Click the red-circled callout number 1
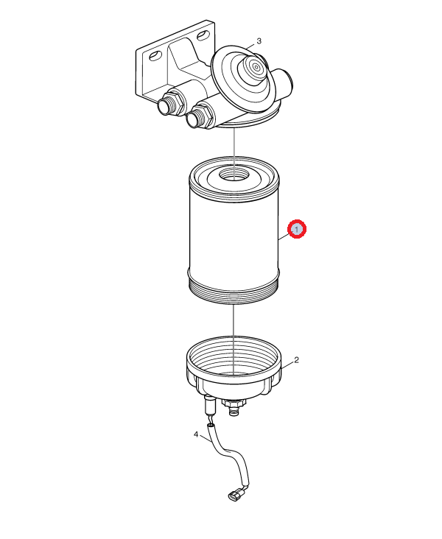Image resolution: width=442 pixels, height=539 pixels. pos(297,229)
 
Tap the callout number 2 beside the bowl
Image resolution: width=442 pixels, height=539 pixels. pos(296,360)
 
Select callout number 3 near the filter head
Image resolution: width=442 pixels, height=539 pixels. pos(259,41)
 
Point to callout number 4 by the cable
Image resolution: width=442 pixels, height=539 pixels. pos(196,434)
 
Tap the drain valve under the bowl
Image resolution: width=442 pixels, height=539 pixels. pos(234,407)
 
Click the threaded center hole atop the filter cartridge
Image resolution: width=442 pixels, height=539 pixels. pos(234,176)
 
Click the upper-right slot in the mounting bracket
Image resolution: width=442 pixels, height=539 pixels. pos(203,35)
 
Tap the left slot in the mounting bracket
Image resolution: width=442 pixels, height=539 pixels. pos(155,55)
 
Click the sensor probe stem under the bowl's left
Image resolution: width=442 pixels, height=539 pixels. pos(209,405)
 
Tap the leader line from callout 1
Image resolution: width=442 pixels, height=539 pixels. pos(284,236)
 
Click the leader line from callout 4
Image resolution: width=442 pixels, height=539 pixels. pos(205,439)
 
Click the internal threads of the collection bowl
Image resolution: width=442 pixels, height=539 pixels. pos(234,358)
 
